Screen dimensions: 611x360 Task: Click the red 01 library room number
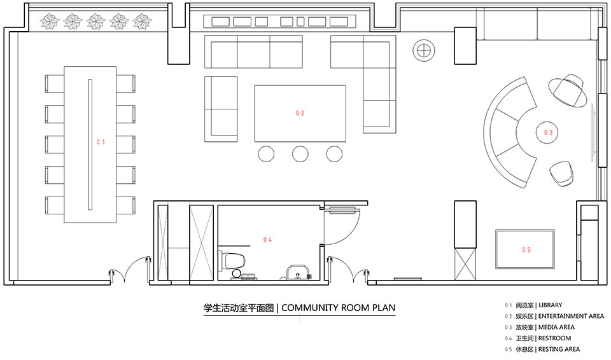101,142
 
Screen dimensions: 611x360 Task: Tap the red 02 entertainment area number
300,113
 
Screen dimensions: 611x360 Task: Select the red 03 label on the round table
548,132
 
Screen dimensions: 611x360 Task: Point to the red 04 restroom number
267,240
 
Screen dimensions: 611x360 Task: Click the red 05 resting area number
526,250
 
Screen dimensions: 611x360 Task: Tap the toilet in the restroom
232,260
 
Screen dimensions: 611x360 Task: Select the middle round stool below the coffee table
300,154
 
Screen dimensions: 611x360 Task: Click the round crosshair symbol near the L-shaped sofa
424,50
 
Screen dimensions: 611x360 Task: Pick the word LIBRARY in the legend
550,305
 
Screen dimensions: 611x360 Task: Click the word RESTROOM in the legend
554,338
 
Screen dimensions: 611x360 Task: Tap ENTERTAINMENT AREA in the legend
571,316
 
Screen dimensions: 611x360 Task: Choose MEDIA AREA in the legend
556,328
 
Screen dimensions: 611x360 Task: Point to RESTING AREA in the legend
559,349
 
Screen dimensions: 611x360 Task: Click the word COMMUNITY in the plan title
309,308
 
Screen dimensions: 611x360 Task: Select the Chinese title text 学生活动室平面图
239,308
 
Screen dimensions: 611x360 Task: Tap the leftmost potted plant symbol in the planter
50,22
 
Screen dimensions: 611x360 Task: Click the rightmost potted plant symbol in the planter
142,22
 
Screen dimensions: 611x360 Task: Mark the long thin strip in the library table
90,144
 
